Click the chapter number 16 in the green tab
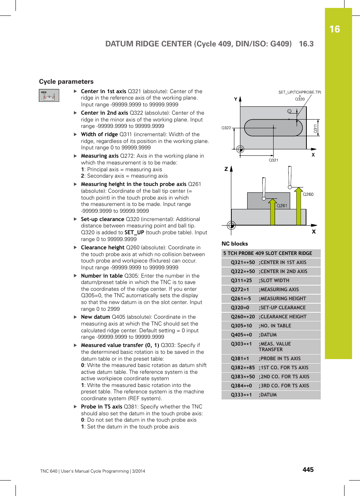[x=334, y=29]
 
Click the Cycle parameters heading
[x=66, y=81]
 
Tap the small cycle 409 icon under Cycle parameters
[x=49, y=95]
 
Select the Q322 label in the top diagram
[x=226, y=128]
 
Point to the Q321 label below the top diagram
[x=273, y=160]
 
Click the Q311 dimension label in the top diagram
[x=315, y=129]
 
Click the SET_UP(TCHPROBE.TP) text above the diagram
[x=300, y=92]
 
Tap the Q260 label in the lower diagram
[x=308, y=194]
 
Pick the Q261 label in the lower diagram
[x=282, y=206]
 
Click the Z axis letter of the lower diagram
[x=226, y=169]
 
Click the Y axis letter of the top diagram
[x=235, y=99]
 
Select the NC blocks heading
[x=235, y=244]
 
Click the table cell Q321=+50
[x=243, y=263]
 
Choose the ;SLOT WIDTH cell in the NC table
[x=274, y=281]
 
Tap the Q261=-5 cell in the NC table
[x=241, y=299]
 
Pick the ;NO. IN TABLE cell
[x=275, y=326]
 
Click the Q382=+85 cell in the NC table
[x=243, y=368]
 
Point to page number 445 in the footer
[x=308, y=470]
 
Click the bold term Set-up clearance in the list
[x=102, y=219]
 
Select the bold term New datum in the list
[x=95, y=317]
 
